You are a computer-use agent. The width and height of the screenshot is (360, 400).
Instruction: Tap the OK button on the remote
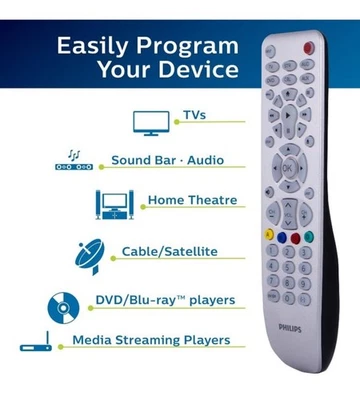pyautogui.click(x=288, y=168)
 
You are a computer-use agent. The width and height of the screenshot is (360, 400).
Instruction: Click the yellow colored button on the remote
pyautogui.click(x=269, y=235)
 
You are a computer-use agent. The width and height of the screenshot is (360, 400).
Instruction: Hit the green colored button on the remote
pyautogui.click(x=308, y=238)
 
